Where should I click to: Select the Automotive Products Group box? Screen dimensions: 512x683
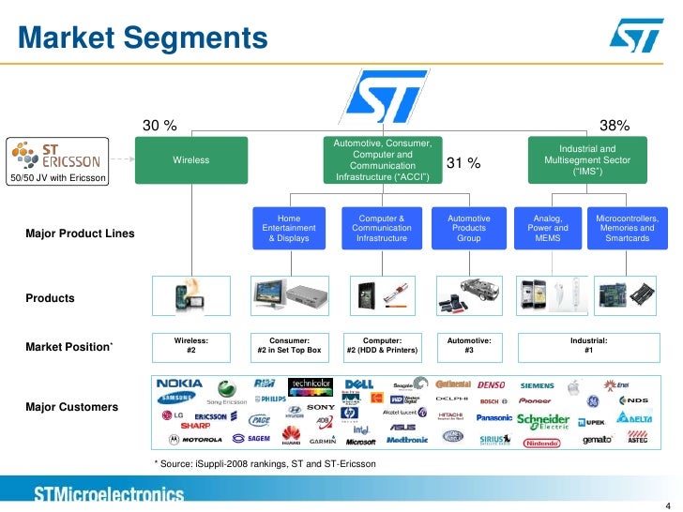click(x=469, y=227)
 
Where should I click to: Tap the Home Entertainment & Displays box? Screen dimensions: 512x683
click(x=282, y=227)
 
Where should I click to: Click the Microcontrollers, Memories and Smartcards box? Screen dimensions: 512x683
click(x=627, y=227)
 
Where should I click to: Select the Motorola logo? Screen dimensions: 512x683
click(x=192, y=439)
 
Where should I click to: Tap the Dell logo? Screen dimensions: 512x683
click(x=359, y=384)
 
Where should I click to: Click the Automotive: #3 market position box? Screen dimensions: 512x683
click(x=469, y=344)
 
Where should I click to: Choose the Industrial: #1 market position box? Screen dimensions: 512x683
click(x=588, y=344)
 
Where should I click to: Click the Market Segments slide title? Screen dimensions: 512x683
click(x=144, y=38)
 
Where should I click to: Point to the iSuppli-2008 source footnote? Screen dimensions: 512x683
click(x=265, y=464)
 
